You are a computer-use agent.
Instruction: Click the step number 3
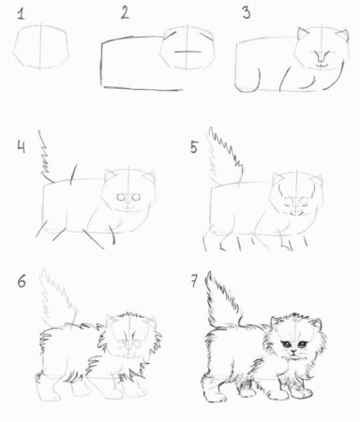coord(245,12)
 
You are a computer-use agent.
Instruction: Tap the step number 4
coord(20,146)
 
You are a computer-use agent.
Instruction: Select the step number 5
coord(194,147)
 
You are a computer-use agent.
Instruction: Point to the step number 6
coord(21,279)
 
